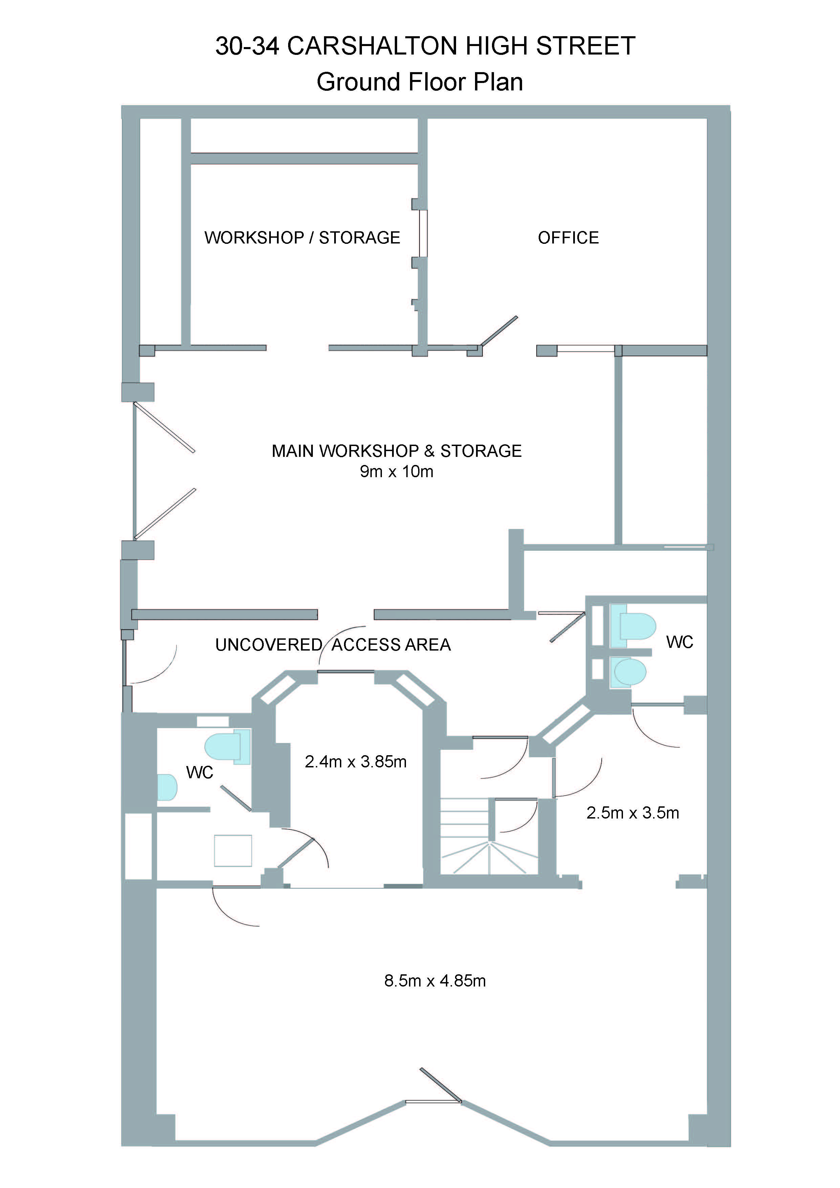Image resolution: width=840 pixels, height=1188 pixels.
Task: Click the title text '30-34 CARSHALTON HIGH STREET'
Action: (x=425, y=46)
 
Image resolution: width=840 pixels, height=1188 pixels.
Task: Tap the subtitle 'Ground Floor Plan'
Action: (x=419, y=82)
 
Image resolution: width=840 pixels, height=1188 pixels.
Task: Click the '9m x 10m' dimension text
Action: (x=397, y=471)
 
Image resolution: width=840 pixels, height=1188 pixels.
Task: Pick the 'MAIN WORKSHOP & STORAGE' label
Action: (x=397, y=451)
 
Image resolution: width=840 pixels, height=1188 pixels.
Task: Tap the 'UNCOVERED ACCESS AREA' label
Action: (x=333, y=645)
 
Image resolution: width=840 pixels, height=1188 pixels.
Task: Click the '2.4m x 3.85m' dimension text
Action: (x=356, y=762)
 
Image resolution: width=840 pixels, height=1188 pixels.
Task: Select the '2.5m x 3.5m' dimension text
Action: (x=632, y=813)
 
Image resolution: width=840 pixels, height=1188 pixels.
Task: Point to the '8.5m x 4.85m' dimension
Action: (x=435, y=981)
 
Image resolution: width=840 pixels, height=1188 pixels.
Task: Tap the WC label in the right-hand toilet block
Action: (x=679, y=642)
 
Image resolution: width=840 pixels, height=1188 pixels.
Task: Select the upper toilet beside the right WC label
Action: (x=632, y=626)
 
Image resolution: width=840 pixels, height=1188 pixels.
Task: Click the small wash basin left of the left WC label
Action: (x=167, y=787)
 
